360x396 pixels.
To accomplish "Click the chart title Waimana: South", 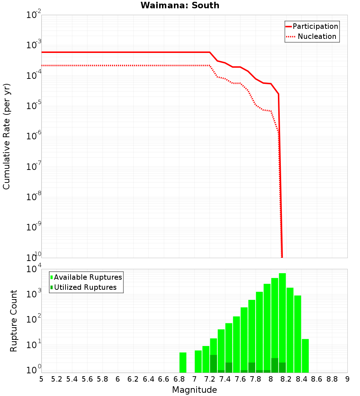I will click(x=180, y=5).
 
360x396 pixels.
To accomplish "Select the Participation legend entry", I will click(x=312, y=26).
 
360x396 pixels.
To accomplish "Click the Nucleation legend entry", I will click(x=312, y=36).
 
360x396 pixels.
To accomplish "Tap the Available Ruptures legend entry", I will click(x=86, y=277).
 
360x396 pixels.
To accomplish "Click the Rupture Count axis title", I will click(x=14, y=320).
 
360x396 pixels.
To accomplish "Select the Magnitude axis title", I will click(x=194, y=390).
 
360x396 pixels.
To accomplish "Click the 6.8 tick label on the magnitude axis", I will click(x=179, y=379).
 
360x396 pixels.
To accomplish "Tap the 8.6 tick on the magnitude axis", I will click(x=317, y=379).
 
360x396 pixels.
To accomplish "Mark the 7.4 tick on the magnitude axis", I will click(x=225, y=379).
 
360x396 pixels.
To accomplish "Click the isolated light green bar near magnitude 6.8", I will click(x=183, y=362).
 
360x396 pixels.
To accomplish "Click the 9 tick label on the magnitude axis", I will click(x=347, y=379).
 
